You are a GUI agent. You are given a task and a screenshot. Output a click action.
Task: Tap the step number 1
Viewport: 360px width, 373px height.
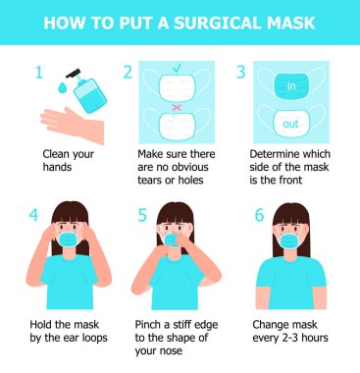(x=39, y=72)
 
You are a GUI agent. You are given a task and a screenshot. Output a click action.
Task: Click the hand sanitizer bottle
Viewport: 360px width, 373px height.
(x=87, y=90)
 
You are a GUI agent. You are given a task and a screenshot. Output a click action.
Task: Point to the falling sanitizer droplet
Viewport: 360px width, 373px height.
(x=62, y=86)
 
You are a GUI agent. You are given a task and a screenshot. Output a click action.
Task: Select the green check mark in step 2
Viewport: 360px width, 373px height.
(x=177, y=68)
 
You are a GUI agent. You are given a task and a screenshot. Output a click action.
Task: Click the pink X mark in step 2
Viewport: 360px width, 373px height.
(x=177, y=107)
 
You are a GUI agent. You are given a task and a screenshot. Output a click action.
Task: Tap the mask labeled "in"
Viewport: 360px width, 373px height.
(x=290, y=85)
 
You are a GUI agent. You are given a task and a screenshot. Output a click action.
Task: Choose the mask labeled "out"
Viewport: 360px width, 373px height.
(x=290, y=124)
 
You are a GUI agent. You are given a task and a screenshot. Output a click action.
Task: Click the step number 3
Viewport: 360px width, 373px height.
(x=240, y=72)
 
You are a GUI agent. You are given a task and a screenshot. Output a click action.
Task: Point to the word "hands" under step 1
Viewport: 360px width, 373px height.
(x=57, y=167)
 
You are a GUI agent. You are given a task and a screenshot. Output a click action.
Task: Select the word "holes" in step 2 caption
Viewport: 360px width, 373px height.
(x=190, y=180)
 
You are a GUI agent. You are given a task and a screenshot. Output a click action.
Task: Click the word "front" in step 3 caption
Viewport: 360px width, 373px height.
(x=288, y=180)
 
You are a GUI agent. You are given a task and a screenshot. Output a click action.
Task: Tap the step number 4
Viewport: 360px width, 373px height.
(x=33, y=215)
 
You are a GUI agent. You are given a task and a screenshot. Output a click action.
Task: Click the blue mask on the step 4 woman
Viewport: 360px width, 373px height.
(x=70, y=240)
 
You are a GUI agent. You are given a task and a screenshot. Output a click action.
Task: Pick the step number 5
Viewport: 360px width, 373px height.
(x=142, y=215)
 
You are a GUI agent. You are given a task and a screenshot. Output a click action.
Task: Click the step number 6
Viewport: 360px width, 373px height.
(x=259, y=215)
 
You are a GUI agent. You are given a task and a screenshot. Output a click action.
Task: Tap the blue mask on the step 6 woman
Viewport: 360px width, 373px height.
(x=289, y=241)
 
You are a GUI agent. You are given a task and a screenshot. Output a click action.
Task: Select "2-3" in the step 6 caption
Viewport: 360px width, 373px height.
(x=289, y=338)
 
